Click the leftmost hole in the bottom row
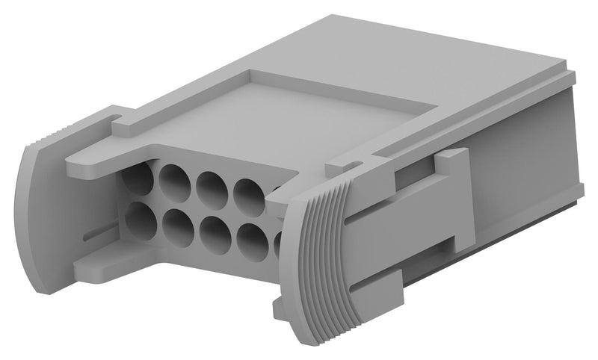click(139, 220)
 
